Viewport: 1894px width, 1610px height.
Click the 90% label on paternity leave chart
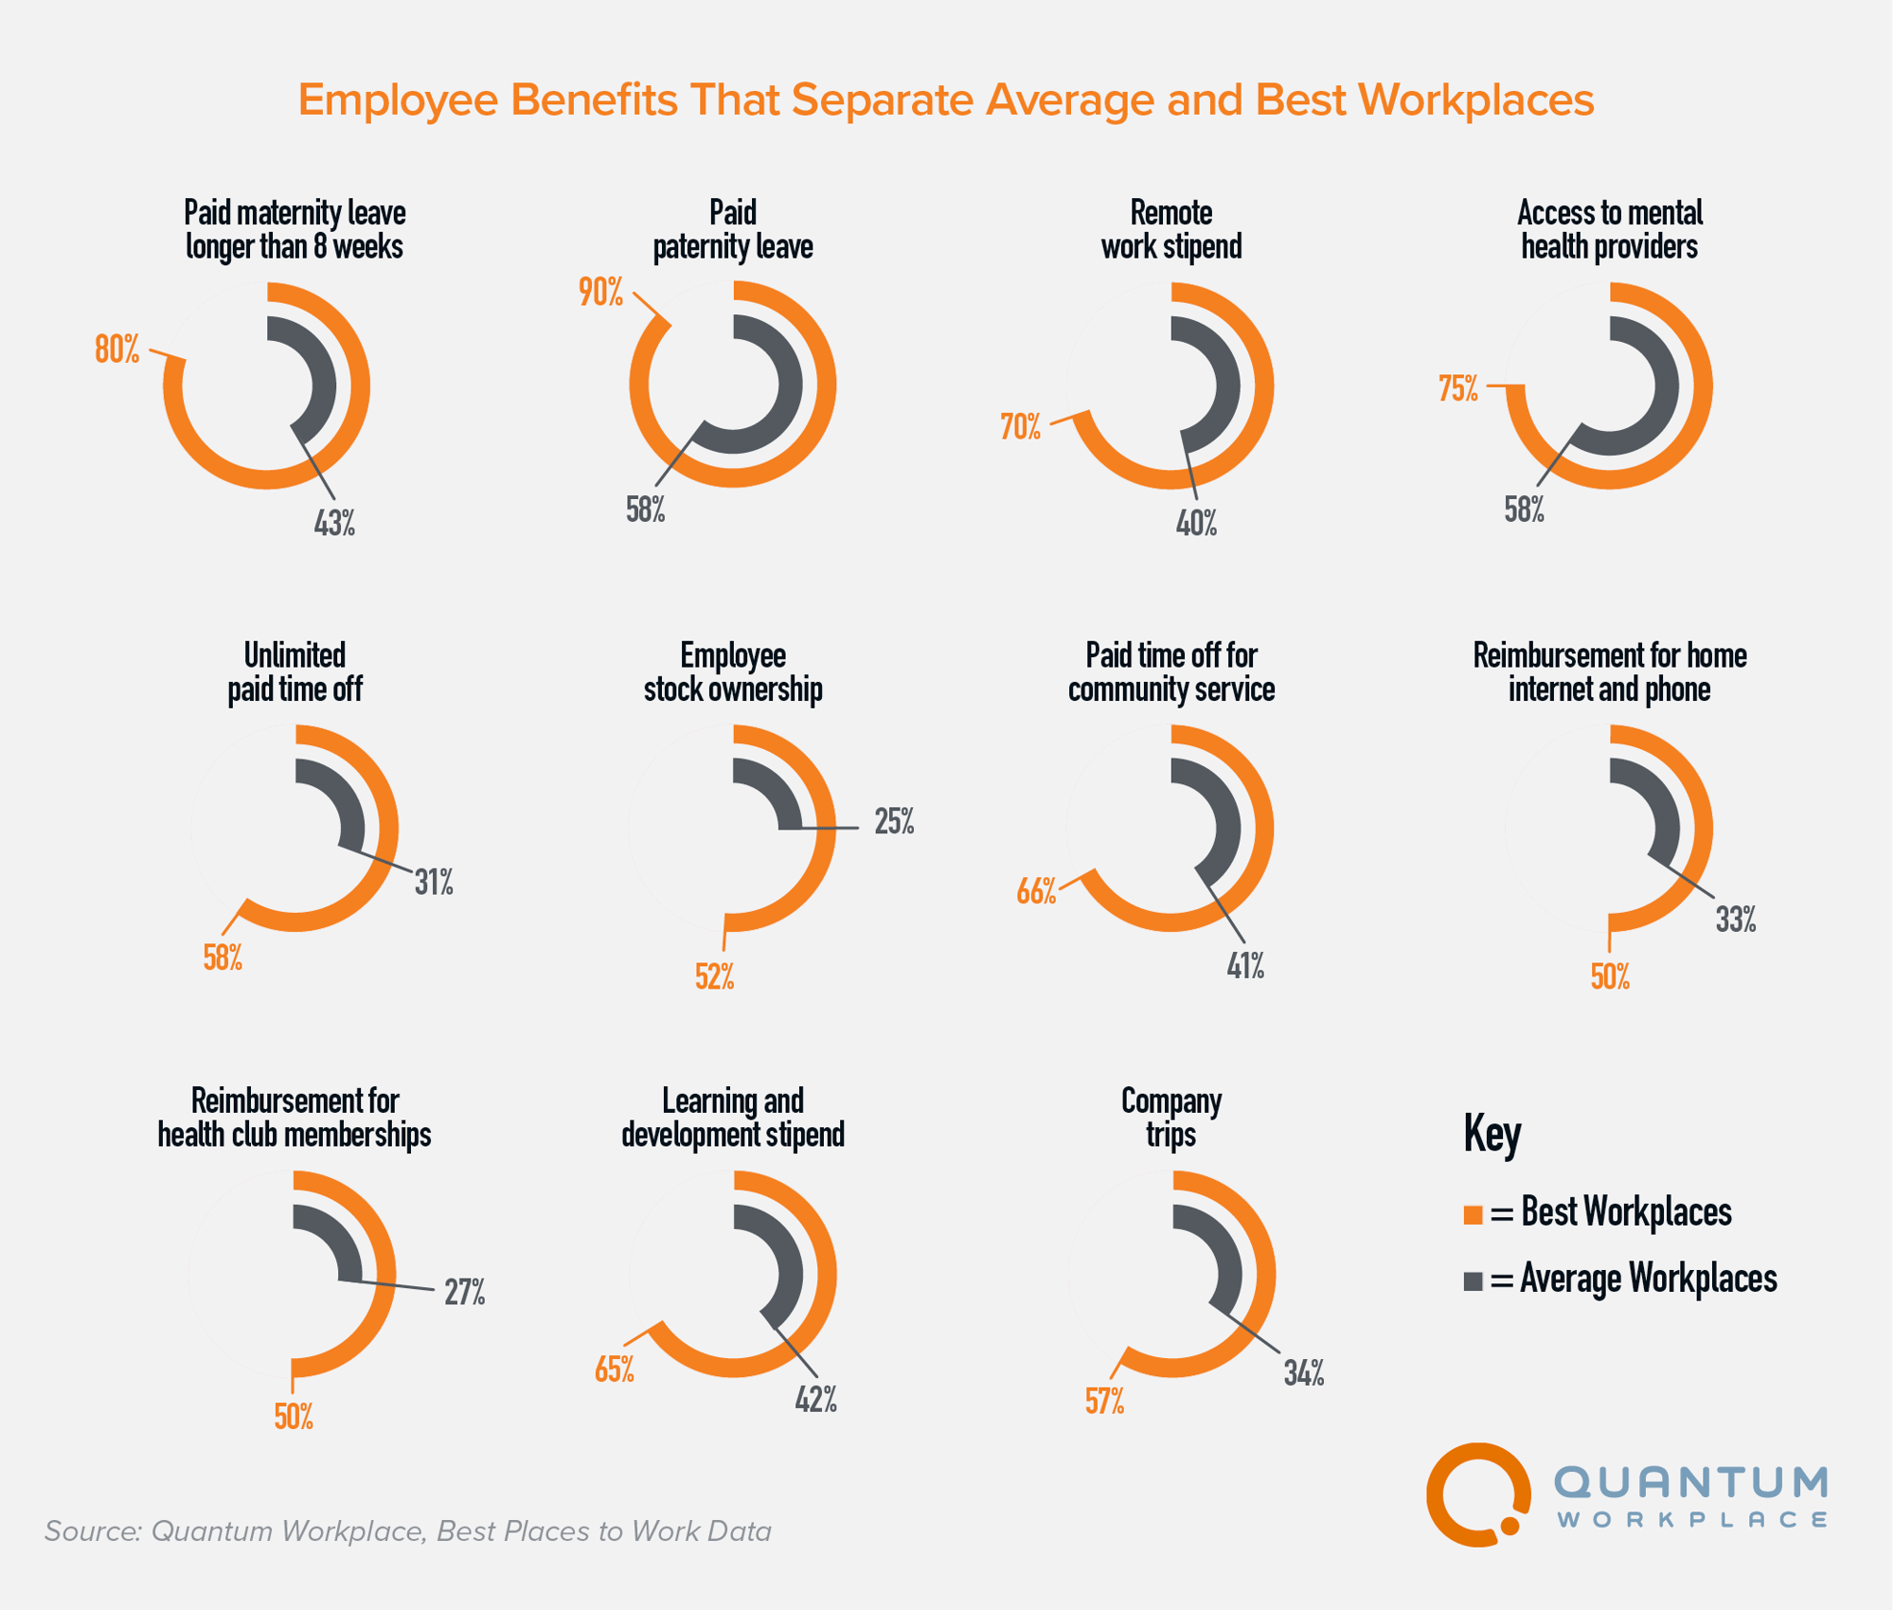(x=601, y=293)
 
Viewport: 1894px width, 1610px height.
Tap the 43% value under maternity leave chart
(x=334, y=523)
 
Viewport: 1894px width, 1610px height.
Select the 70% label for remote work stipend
(x=1020, y=427)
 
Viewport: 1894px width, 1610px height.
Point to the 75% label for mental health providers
(x=1458, y=388)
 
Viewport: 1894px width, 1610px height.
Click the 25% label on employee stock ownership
(x=894, y=822)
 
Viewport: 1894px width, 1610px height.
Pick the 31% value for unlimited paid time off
(x=434, y=883)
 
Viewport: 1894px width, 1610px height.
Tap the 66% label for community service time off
(x=1036, y=891)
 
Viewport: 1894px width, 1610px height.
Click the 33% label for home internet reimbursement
(x=1736, y=920)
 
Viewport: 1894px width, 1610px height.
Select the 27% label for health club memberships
(x=465, y=1292)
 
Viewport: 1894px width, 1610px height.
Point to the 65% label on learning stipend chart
(x=615, y=1369)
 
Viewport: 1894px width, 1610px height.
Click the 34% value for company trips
(x=1304, y=1373)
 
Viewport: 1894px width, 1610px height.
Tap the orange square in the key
(x=1473, y=1214)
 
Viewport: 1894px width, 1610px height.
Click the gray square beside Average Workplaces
(x=1473, y=1280)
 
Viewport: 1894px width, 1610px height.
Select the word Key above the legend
(x=1492, y=1133)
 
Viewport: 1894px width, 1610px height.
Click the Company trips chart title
(x=1171, y=1118)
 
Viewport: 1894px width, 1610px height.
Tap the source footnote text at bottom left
(x=407, y=1531)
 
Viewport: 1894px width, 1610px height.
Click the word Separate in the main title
(x=882, y=99)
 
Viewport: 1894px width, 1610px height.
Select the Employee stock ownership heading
(x=733, y=672)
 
